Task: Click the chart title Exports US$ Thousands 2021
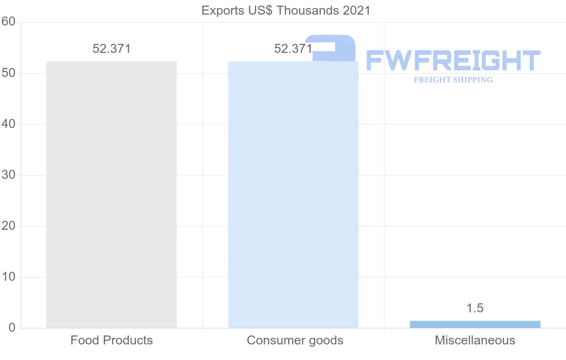click(286, 10)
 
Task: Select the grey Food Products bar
click(111, 194)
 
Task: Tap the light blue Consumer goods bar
click(293, 194)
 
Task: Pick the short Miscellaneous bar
click(475, 324)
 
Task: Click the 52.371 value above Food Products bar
click(111, 49)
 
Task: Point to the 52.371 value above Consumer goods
click(293, 49)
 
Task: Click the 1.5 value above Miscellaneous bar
click(475, 308)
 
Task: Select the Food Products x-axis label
click(111, 340)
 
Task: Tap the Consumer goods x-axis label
click(295, 340)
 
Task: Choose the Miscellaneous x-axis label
click(475, 340)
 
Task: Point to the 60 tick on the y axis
click(8, 22)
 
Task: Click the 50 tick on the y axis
click(8, 73)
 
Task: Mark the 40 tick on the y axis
click(8, 124)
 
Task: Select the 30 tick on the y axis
click(8, 175)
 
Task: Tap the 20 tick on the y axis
click(8, 226)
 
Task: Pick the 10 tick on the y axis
click(8, 277)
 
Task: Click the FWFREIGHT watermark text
click(453, 60)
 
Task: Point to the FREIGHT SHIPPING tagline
click(453, 80)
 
